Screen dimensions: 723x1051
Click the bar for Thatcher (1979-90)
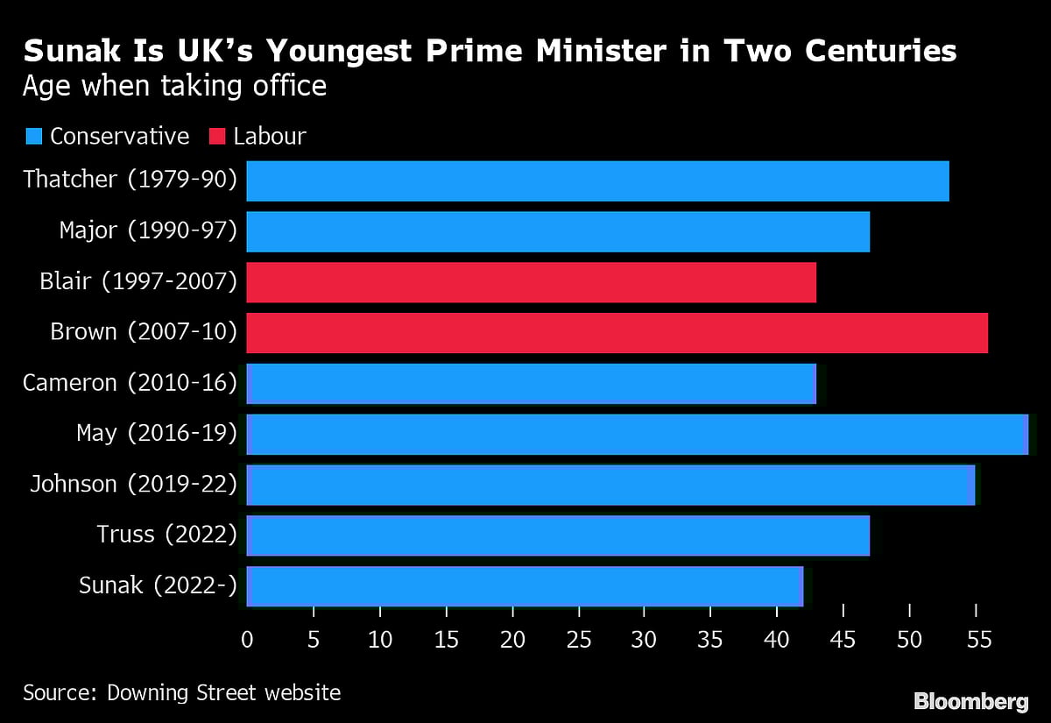point(597,181)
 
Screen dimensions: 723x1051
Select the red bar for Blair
point(531,282)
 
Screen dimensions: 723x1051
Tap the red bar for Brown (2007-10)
point(617,333)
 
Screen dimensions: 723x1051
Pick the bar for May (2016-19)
point(637,435)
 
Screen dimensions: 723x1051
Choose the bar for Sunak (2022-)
point(525,586)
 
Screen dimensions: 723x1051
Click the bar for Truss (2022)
point(558,535)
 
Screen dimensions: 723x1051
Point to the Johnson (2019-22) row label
point(133,484)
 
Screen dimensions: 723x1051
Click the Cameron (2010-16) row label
point(130,383)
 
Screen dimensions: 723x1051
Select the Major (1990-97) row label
point(148,230)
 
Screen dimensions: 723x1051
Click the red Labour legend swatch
point(216,137)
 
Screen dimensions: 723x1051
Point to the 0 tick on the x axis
point(247,641)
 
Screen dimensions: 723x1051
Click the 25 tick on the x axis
point(578,641)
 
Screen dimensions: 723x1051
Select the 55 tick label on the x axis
point(977,641)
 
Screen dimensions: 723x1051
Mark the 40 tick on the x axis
point(777,641)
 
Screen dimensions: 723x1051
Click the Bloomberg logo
point(970,701)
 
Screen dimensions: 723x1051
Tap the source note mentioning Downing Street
point(181,692)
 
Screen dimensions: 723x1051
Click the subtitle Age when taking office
point(174,87)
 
